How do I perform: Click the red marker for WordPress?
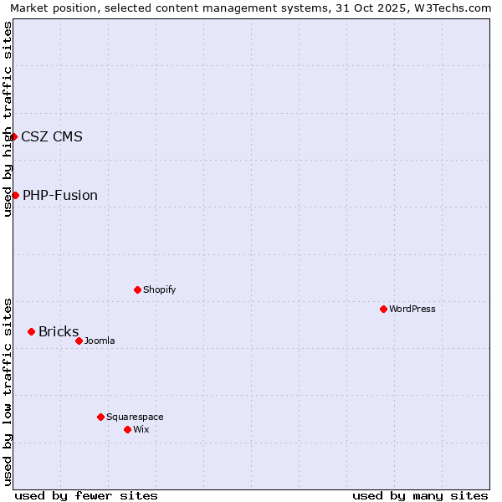coord(383,309)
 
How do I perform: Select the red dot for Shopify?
coord(137,289)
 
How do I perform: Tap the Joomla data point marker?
coord(79,341)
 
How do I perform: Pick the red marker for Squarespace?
coord(100,417)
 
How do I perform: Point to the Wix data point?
coord(127,429)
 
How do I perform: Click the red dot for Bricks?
coord(31,331)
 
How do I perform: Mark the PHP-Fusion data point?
coord(15,195)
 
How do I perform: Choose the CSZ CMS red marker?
coord(13,136)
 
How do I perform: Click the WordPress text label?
coord(412,309)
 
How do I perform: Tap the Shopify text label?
coord(159,289)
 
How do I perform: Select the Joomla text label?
coord(100,341)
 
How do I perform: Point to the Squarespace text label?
coord(135,417)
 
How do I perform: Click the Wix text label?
coord(141,429)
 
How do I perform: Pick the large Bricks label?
coord(59,331)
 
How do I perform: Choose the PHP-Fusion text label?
coord(60,195)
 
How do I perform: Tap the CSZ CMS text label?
coord(52,136)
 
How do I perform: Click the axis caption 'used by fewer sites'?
coord(86,495)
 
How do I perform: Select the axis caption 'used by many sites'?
coord(420,495)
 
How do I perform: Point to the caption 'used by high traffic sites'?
coord(8,119)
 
